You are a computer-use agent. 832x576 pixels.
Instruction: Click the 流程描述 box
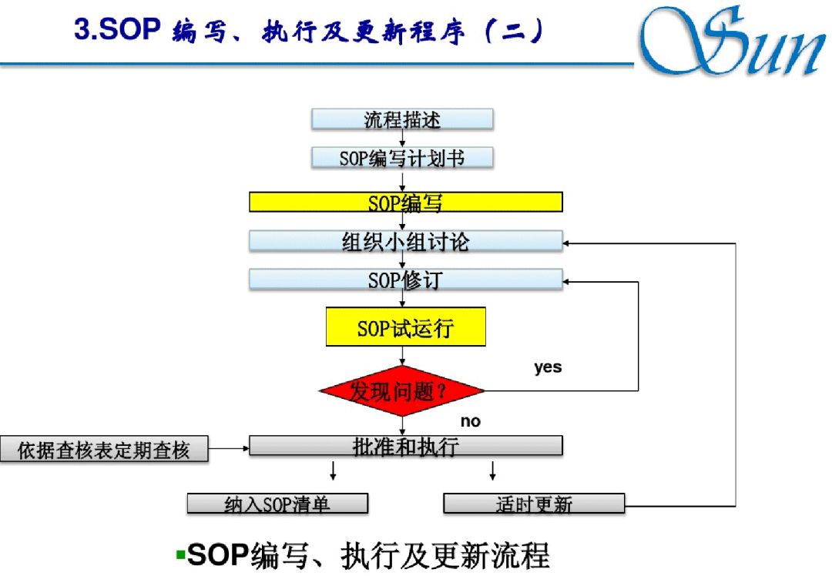click(402, 119)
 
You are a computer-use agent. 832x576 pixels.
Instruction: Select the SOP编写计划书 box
click(402, 158)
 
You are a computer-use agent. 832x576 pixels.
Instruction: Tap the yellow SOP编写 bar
click(405, 203)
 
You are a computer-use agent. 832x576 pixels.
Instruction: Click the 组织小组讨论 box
click(405, 241)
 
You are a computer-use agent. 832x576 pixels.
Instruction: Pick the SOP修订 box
click(405, 279)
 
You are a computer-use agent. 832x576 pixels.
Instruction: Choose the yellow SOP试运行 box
click(405, 327)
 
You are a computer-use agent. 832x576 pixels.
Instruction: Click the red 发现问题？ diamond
click(402, 391)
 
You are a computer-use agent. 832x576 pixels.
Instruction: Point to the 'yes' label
click(548, 367)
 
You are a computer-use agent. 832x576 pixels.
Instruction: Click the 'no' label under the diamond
click(470, 421)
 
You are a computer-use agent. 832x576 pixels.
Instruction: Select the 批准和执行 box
click(405, 446)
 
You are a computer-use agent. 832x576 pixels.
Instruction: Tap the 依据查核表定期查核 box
click(104, 450)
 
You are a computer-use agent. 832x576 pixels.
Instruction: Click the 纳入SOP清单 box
click(277, 504)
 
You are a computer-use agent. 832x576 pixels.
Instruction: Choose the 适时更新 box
click(534, 504)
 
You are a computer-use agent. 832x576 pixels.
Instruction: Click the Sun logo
click(732, 42)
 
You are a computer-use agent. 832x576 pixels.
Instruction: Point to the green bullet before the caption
click(179, 553)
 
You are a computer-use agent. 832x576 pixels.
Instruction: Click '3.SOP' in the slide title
click(116, 31)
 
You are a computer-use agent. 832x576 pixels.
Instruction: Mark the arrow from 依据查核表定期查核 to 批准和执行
click(229, 447)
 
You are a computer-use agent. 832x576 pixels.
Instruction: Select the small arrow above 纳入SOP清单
click(333, 471)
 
